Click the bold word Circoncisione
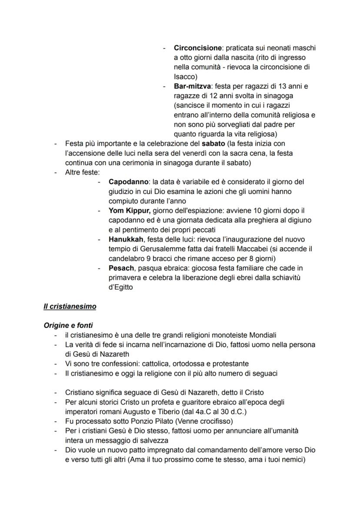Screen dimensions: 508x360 point(197,47)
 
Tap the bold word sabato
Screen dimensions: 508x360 point(210,143)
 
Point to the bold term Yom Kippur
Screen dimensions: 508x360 point(129,211)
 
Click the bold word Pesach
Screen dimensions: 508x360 point(121,268)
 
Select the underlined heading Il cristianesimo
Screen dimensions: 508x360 point(70,306)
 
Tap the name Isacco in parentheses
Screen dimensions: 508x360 point(184,76)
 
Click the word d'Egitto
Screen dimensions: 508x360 point(121,287)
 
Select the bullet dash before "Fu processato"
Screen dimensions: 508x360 point(55,421)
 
